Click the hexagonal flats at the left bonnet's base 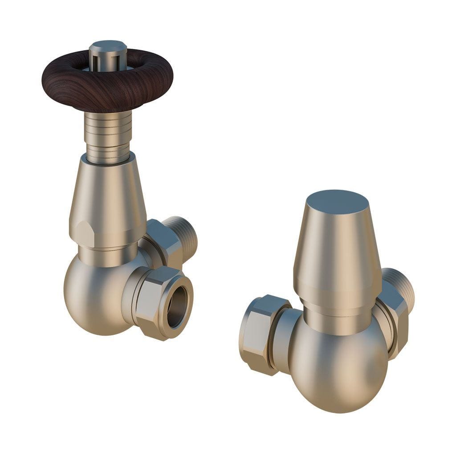coord(85,232)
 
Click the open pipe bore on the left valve coord(178,303)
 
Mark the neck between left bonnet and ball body coord(107,256)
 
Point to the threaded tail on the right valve coord(401,289)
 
